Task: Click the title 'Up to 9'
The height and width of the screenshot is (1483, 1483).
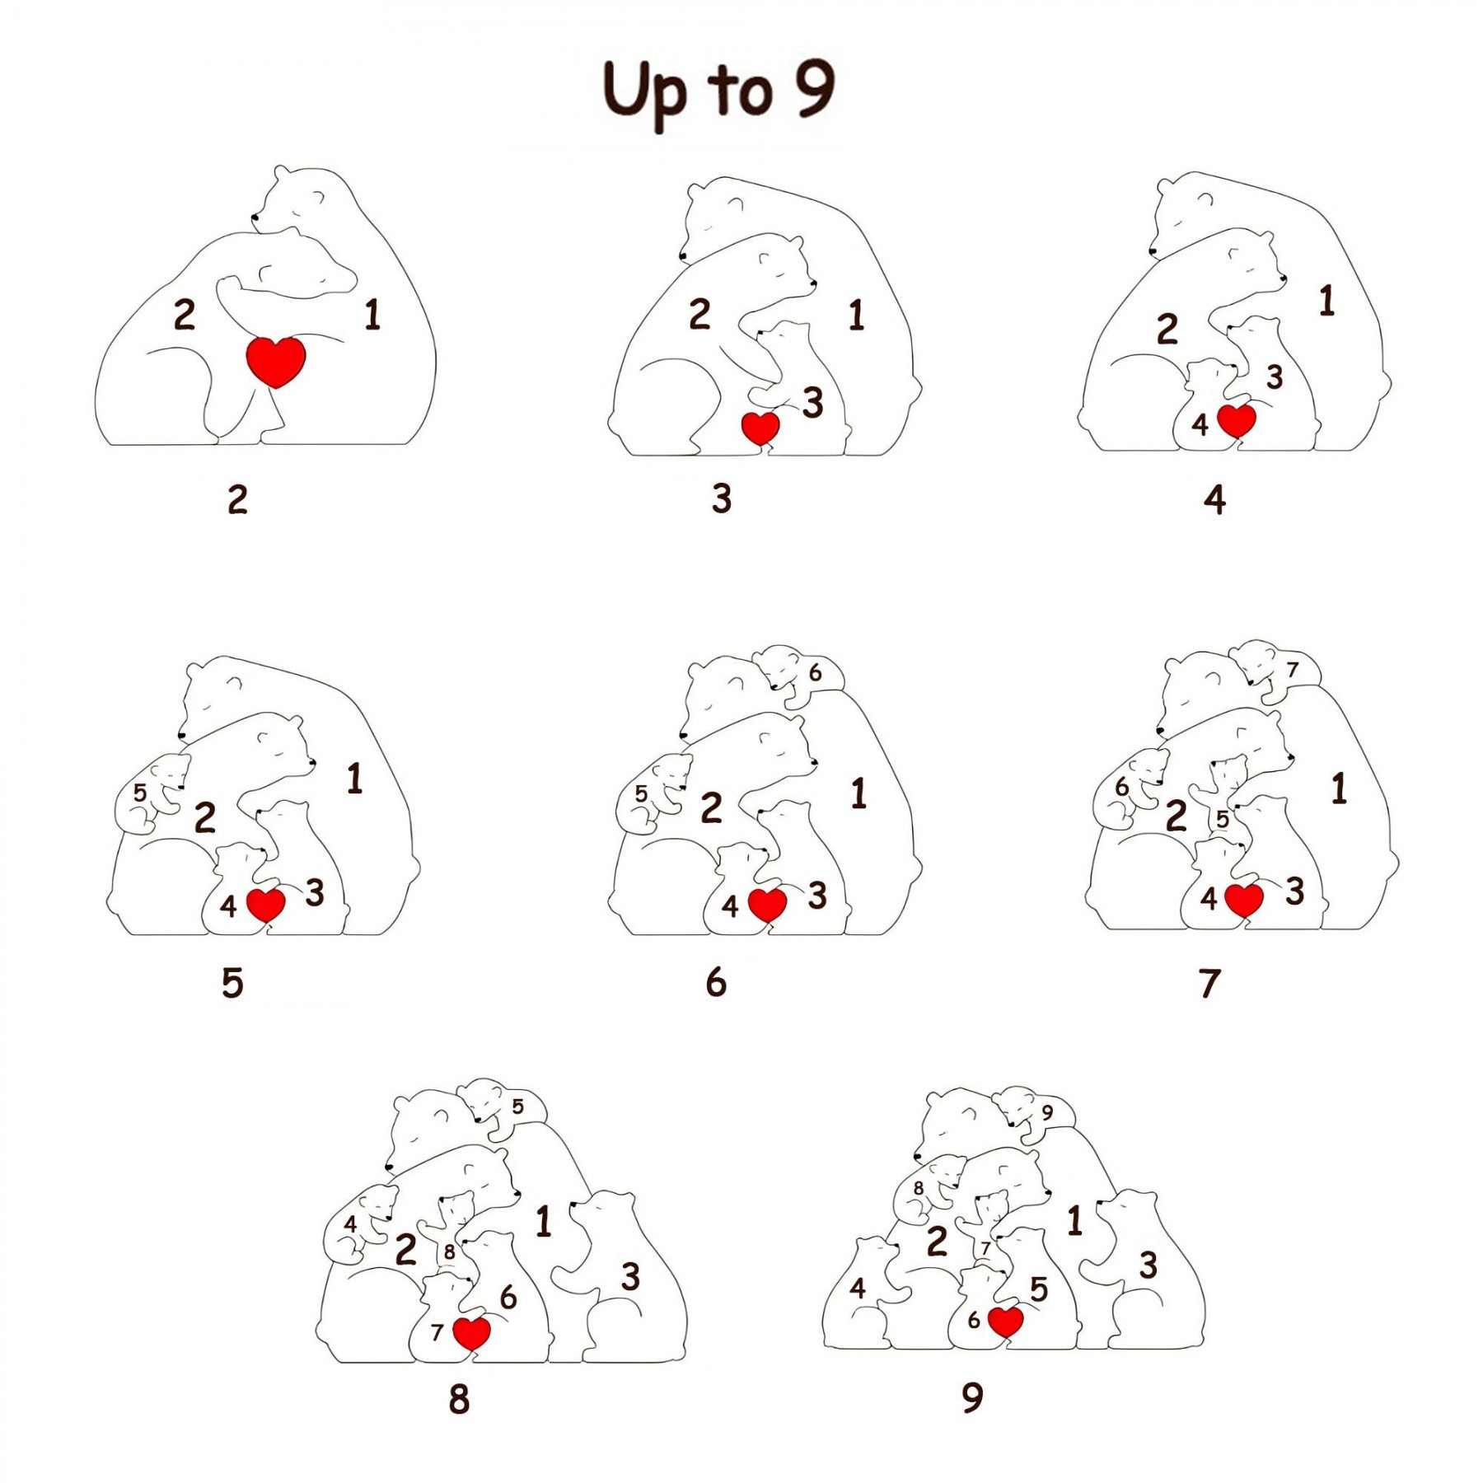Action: click(x=718, y=92)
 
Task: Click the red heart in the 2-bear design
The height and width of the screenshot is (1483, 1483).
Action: click(x=276, y=361)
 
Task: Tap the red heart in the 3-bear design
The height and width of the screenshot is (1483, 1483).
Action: click(x=760, y=428)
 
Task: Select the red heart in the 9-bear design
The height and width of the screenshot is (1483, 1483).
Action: click(x=1005, y=1321)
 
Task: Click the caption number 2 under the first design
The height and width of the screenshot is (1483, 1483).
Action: click(x=237, y=499)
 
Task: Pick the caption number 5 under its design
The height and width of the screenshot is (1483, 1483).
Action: click(x=232, y=983)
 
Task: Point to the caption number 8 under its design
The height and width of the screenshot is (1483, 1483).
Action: click(x=459, y=1398)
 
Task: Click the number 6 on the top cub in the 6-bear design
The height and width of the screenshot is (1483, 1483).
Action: click(x=815, y=672)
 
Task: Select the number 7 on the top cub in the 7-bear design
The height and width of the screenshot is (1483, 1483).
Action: click(x=1292, y=670)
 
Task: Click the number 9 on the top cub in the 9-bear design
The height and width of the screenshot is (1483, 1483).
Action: click(x=1047, y=1112)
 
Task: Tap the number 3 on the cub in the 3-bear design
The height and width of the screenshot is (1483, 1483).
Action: click(x=813, y=403)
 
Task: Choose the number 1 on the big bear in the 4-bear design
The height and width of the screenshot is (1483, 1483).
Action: click(x=1326, y=301)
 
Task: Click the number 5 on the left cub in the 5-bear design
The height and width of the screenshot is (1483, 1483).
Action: click(x=140, y=793)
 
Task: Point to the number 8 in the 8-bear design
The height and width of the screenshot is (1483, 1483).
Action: click(x=449, y=1251)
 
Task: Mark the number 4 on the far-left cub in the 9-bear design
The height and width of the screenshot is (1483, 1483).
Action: click(x=858, y=1288)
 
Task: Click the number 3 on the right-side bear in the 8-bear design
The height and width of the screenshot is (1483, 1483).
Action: click(x=630, y=1276)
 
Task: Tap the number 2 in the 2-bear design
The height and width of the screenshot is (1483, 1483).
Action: click(x=184, y=315)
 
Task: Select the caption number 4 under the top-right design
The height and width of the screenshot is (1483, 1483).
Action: click(x=1214, y=499)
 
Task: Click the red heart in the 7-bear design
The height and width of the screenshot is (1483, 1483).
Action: click(x=1243, y=899)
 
